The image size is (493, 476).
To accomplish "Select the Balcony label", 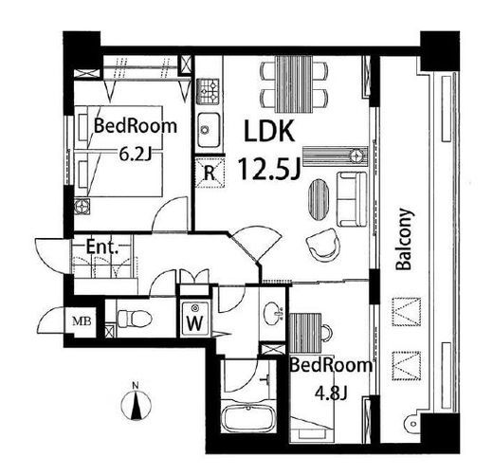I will [x=403, y=239].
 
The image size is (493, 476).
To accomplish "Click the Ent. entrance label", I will [x=101, y=248].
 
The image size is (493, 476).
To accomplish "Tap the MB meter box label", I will [x=82, y=321].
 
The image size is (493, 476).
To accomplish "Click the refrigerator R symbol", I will [x=209, y=172].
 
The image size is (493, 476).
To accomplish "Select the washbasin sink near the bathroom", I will [x=273, y=311].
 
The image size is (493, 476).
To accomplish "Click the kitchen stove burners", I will [x=208, y=92].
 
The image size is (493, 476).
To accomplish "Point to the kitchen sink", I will [x=209, y=129].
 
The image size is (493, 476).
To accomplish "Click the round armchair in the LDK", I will [x=322, y=245].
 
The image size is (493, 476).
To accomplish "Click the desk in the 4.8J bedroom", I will [x=307, y=334].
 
